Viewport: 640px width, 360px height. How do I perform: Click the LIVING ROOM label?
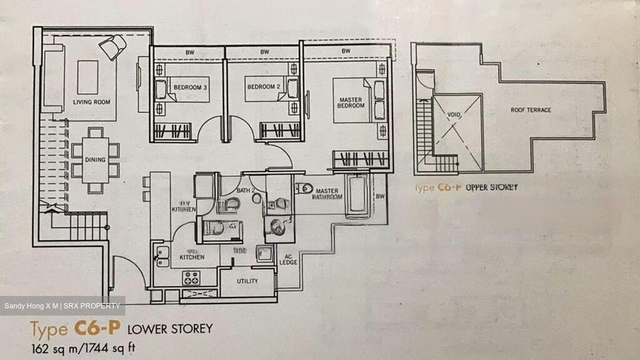pyautogui.click(x=92, y=102)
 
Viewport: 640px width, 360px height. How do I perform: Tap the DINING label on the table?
pyautogui.click(x=95, y=160)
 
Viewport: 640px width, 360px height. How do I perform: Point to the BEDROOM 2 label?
pyautogui.click(x=264, y=87)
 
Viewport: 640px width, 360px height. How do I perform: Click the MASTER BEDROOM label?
pyautogui.click(x=351, y=103)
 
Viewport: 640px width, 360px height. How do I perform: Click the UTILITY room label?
pyautogui.click(x=247, y=281)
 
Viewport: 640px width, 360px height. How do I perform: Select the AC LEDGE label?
pyautogui.click(x=288, y=259)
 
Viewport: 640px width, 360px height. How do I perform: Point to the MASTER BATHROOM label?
pyautogui.click(x=329, y=193)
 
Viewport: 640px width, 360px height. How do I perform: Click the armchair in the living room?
pyautogui.click(x=112, y=47)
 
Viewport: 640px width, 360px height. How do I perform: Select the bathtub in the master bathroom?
pyautogui.click(x=358, y=196)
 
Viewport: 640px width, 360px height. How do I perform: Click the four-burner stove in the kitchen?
pyautogui.click(x=192, y=278)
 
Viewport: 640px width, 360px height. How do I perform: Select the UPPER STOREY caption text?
pyautogui.click(x=492, y=188)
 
